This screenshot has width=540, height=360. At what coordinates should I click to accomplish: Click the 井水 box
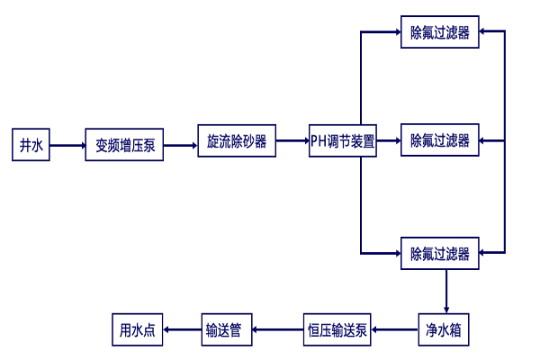(x=31, y=145)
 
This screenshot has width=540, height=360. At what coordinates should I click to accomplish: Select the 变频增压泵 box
(x=125, y=145)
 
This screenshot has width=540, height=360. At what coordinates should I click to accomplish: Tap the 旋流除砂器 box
(x=237, y=141)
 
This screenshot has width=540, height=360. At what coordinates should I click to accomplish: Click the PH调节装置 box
(x=343, y=141)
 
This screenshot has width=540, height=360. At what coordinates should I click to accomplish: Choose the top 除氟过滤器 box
(x=440, y=32)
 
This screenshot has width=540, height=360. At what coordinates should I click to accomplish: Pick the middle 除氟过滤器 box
(x=440, y=140)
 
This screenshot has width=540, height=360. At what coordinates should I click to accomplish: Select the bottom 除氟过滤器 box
(x=440, y=254)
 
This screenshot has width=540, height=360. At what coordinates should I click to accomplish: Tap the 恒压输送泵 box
(x=337, y=329)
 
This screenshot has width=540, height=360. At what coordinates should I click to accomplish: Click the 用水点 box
(x=138, y=329)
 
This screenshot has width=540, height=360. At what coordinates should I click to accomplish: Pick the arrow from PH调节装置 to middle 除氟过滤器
(x=389, y=141)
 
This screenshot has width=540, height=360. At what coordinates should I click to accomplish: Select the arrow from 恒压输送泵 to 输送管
(x=278, y=329)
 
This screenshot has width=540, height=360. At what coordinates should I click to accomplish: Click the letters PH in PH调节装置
(x=319, y=141)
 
